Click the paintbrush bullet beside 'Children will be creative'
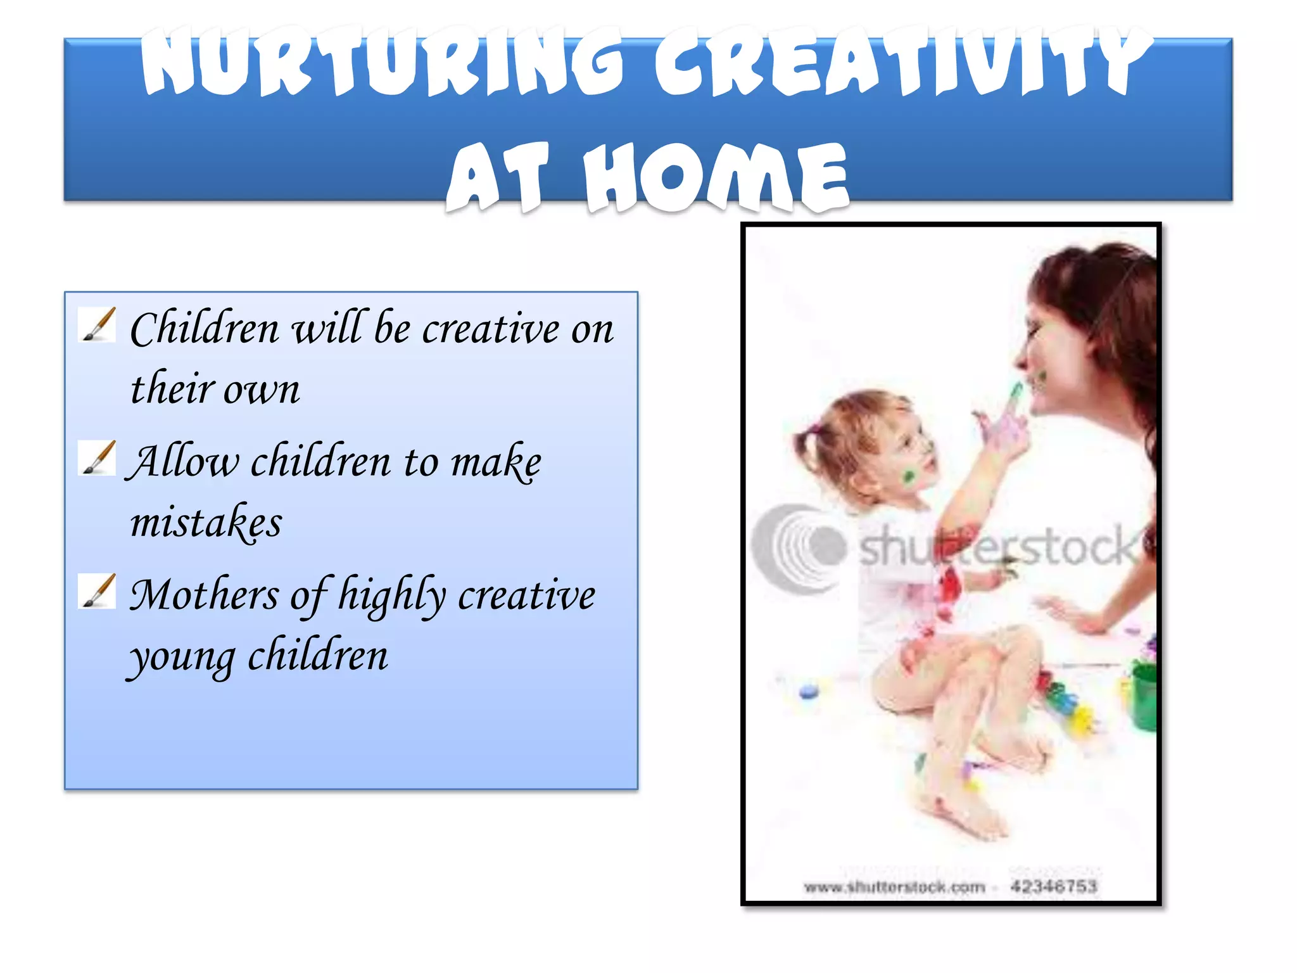tap(98, 324)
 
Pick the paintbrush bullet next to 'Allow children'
tap(98, 457)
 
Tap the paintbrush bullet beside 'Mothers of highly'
tap(98, 590)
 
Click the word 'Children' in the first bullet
tap(205, 329)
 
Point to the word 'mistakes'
tap(206, 523)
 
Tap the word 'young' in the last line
tap(182, 658)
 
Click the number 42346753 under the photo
tap(1053, 886)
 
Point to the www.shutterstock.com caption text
tap(894, 887)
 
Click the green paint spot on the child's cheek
tap(909, 476)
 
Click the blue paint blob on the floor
tap(808, 691)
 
